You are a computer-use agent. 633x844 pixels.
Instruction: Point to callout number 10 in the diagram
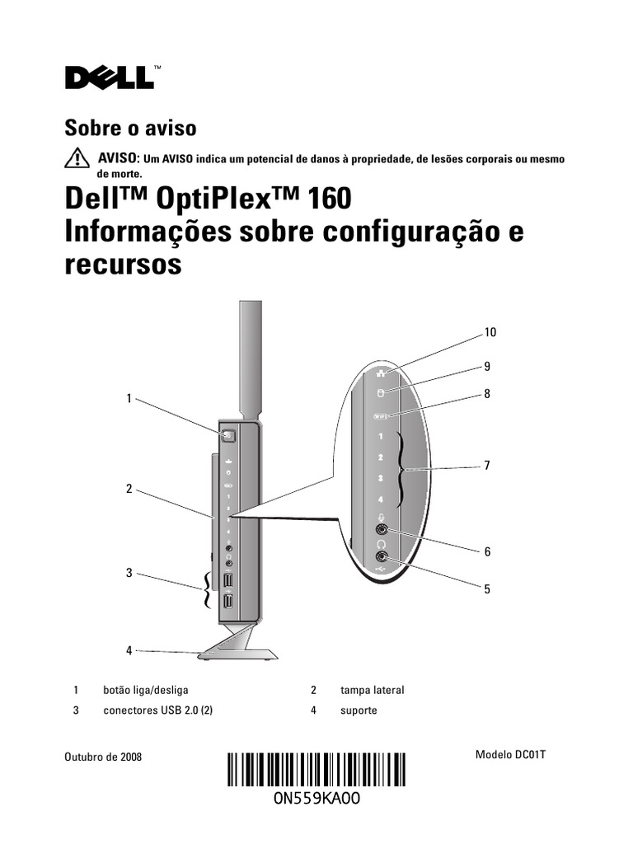490,333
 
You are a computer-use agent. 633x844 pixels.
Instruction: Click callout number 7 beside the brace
487,466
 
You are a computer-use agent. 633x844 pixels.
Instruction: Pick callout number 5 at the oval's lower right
487,589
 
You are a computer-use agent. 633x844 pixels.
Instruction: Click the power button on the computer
228,433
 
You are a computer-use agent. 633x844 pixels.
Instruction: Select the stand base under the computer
239,653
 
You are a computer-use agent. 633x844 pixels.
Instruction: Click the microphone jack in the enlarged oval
382,530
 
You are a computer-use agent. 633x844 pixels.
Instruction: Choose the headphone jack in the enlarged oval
381,556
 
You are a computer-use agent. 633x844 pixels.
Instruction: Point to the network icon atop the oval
381,372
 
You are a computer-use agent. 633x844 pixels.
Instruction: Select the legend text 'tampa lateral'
372,690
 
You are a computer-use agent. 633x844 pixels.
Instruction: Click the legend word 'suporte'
359,710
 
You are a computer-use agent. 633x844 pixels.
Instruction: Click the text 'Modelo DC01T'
511,755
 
